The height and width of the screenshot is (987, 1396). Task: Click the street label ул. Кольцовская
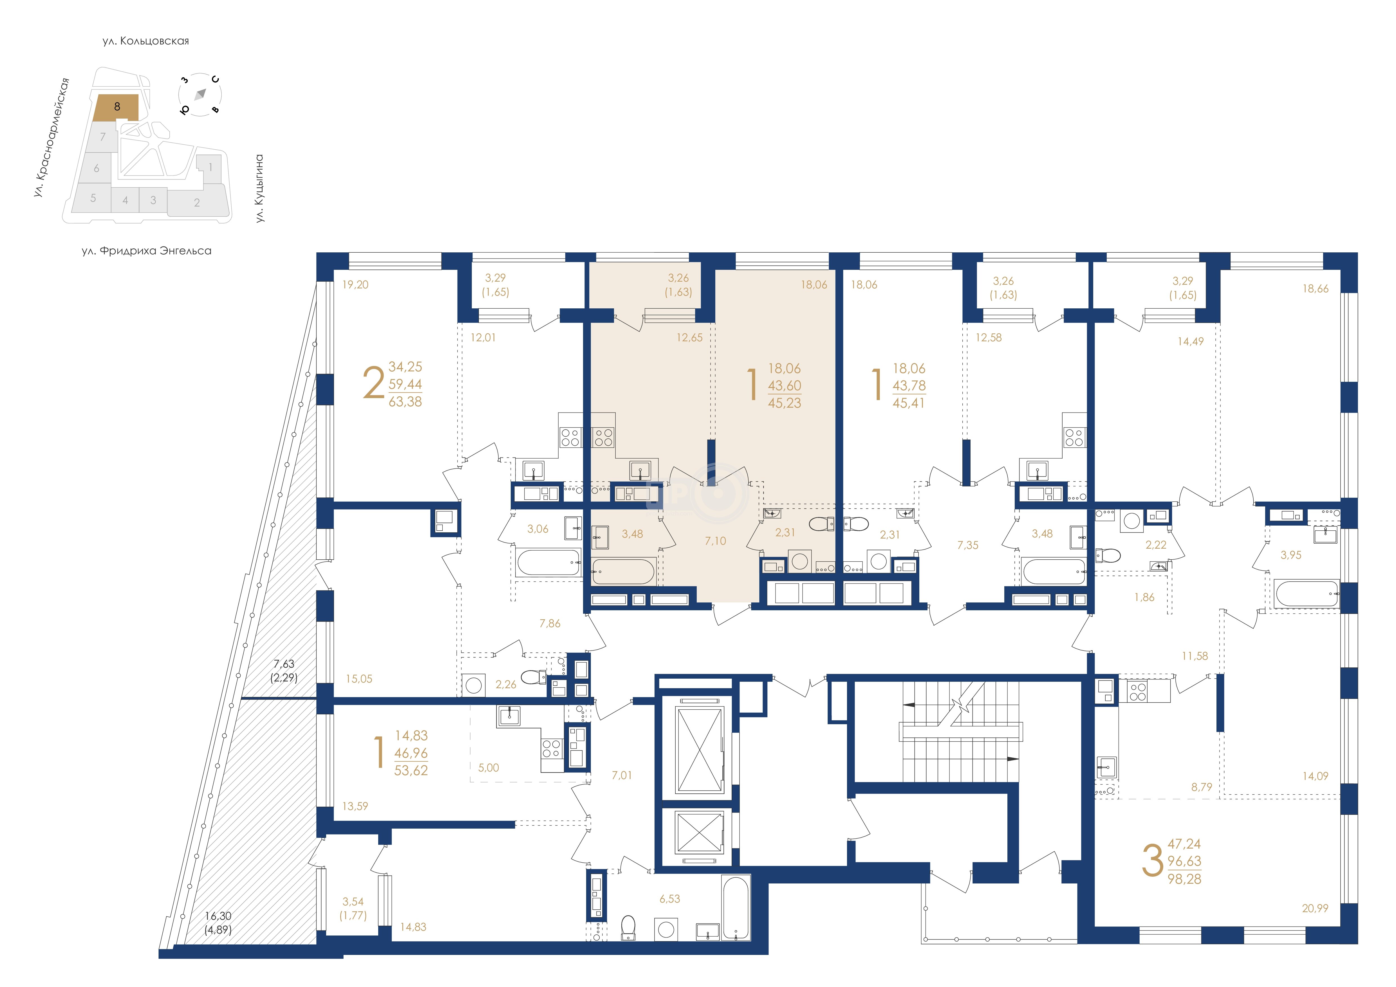point(146,41)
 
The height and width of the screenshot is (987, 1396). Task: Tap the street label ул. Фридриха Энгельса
point(147,251)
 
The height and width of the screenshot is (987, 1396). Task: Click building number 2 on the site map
point(197,203)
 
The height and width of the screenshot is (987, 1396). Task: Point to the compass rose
point(200,95)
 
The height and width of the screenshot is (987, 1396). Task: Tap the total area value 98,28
point(1184,879)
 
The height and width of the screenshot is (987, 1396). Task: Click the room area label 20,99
point(1315,908)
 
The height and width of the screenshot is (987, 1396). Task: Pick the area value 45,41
point(908,403)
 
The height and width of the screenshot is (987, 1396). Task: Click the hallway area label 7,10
point(716,541)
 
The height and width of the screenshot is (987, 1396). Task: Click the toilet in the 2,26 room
point(534,676)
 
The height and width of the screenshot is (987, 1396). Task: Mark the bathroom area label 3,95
point(1291,555)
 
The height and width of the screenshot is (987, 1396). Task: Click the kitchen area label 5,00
point(488,768)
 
